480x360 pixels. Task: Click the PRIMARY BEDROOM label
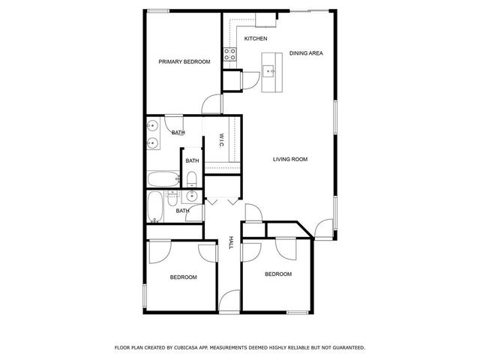coord(184,61)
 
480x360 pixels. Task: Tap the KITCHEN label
coord(256,38)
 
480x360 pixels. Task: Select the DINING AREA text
coord(306,53)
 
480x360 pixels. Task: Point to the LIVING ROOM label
coord(290,159)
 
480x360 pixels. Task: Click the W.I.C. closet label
coord(222,141)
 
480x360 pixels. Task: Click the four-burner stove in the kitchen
coord(230,53)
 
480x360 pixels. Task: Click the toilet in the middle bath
coord(192,178)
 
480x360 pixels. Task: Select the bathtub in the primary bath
coord(162,178)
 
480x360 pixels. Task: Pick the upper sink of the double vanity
coord(152,126)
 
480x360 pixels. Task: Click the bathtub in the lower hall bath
coord(156,207)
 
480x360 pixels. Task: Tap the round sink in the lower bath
coord(192,196)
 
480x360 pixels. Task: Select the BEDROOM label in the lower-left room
coord(183,277)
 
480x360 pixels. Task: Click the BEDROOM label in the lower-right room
coord(277,274)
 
